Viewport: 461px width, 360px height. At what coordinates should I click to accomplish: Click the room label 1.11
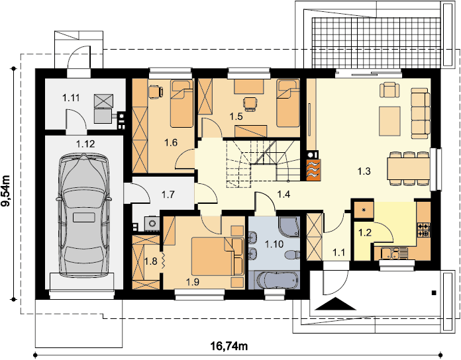71,97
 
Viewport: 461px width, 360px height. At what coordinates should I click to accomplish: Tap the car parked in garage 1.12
84,215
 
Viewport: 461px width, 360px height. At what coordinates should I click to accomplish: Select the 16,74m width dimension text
229,347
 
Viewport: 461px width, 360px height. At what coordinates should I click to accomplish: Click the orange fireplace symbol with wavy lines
313,169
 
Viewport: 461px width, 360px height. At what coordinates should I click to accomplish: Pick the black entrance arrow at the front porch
335,304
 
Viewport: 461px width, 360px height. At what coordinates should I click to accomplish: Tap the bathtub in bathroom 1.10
278,281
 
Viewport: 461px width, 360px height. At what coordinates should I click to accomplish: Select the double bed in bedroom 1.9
217,256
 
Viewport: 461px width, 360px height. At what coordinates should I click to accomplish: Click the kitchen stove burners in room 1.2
424,230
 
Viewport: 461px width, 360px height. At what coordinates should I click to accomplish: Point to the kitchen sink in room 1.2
395,253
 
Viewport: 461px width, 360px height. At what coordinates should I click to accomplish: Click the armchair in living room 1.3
390,90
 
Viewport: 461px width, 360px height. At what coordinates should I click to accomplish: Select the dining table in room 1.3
409,169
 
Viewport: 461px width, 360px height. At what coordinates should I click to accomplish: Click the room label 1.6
171,143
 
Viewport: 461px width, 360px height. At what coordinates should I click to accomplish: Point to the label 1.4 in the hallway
283,194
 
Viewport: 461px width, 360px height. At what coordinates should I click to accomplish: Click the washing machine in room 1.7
152,224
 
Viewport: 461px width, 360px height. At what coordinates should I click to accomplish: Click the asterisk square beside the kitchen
364,210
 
